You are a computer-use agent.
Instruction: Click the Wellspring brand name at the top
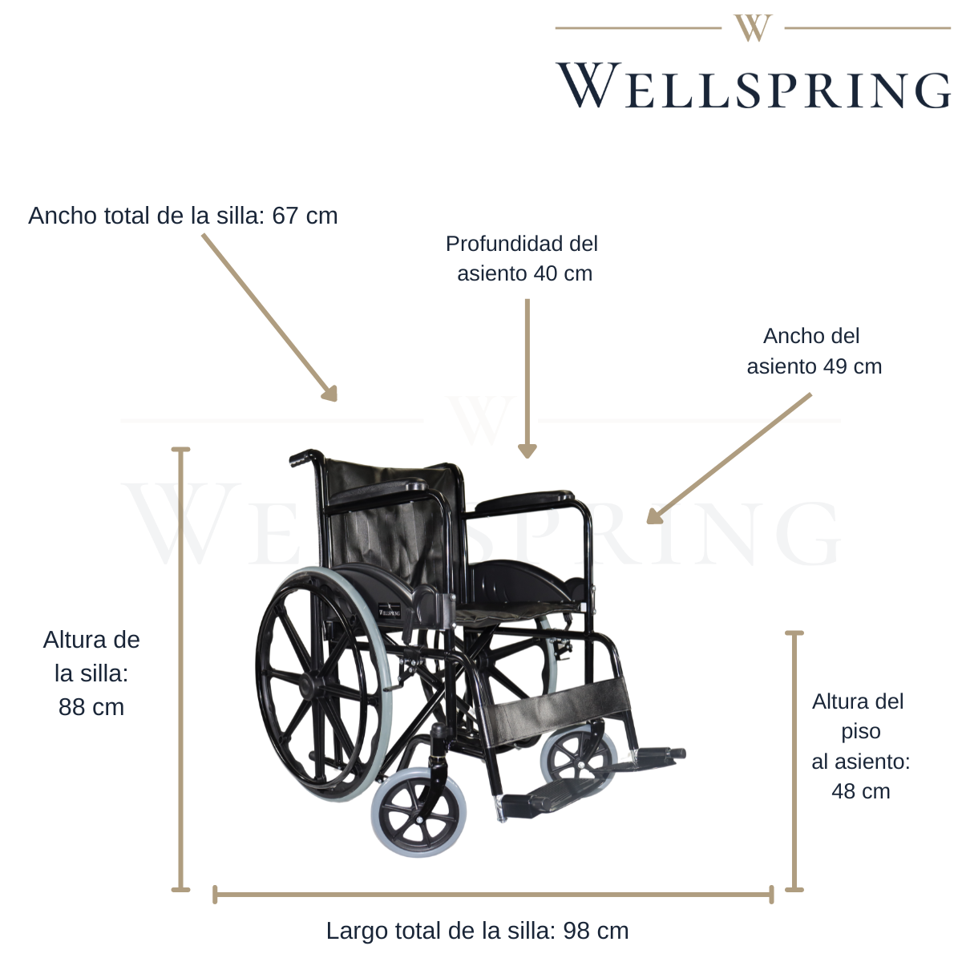coord(754,86)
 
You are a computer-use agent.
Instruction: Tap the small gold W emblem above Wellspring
coord(753,28)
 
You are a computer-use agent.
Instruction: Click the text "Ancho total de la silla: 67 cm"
coord(183,216)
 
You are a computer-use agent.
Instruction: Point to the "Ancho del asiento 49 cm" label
coord(813,351)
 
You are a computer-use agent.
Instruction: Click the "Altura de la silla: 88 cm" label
coord(91,673)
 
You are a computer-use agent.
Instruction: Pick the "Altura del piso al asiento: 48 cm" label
coord(860,746)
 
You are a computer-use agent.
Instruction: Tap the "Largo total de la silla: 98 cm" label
coord(477,931)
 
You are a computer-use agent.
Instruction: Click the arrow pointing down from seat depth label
coord(527,377)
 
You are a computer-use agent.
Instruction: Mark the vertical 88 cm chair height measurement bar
coord(181,669)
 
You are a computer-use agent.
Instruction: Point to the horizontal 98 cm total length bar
coord(493,894)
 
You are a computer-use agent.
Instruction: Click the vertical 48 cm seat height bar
coord(794,761)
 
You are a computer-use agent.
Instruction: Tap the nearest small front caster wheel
coord(418,813)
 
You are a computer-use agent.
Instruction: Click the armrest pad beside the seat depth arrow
coord(525,502)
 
